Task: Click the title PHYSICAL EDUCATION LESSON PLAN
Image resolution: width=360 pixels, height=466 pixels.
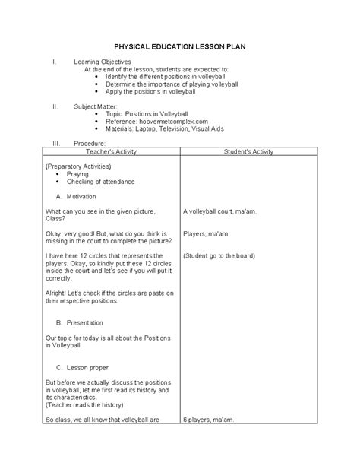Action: coord(179,46)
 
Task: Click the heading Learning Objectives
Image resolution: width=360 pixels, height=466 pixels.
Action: coord(103,61)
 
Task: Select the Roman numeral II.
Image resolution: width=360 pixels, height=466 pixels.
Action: coord(55,106)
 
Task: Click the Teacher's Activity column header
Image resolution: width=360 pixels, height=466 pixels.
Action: coord(112,153)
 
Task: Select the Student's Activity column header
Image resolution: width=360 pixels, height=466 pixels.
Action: coord(253,153)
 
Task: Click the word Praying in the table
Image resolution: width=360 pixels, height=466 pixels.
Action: coord(77,174)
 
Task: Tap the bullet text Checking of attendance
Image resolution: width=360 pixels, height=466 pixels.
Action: coord(100,182)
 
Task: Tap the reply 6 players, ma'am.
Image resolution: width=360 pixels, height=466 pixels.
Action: coord(213,419)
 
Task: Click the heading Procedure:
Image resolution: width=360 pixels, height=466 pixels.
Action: coord(89,143)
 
